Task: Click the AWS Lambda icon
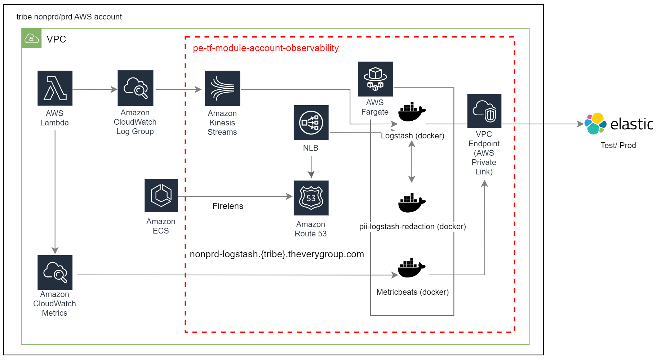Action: (55, 88)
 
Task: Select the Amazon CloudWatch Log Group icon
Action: (135, 88)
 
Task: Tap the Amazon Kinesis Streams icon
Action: (222, 88)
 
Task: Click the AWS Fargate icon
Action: (375, 79)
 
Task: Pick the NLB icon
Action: (311, 123)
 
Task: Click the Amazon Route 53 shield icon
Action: (311, 198)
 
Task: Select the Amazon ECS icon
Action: (161, 195)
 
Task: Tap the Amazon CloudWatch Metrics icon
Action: (55, 272)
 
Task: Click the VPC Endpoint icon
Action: (484, 111)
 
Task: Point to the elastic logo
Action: (618, 124)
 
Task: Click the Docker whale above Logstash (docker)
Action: (412, 112)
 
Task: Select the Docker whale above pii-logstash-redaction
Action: (412, 203)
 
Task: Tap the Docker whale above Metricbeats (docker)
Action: (411, 268)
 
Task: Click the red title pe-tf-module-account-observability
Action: (266, 48)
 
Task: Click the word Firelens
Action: (228, 206)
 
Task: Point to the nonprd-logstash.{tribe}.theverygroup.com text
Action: (276, 254)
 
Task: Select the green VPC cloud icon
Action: (31, 38)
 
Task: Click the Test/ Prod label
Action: (618, 145)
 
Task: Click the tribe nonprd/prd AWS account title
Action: (69, 17)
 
